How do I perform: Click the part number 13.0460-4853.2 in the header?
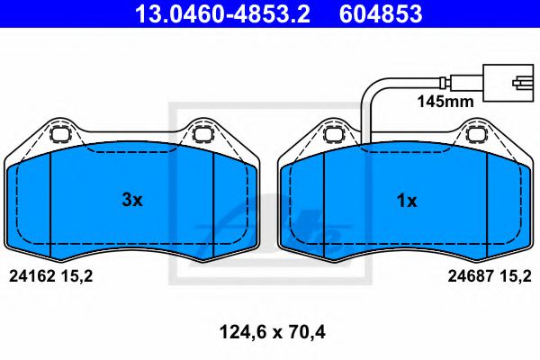click(221, 14)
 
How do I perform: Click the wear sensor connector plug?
click(506, 80)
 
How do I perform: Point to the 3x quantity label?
click(132, 201)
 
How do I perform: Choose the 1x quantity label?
click(407, 201)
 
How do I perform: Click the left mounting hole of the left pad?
click(61, 136)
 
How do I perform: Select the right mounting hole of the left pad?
click(202, 136)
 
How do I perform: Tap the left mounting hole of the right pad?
click(334, 136)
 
